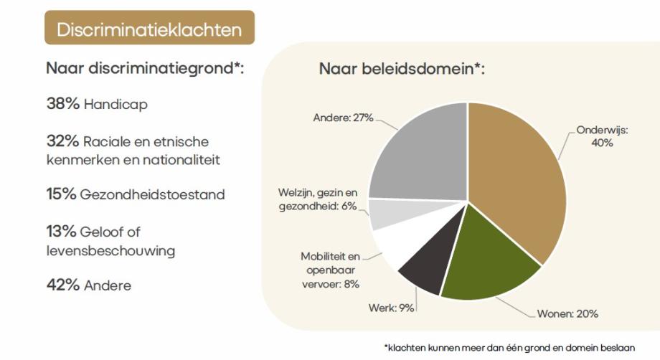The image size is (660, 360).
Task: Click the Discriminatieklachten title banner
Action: pos(149,29)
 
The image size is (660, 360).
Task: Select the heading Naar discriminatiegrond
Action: pos(145,69)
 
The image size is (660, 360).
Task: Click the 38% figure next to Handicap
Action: pos(62,104)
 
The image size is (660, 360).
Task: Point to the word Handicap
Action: pos(115,105)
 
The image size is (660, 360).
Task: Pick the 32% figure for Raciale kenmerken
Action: pos(62,141)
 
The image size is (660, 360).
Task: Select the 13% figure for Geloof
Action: pos(62,231)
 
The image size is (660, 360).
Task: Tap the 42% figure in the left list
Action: pos(62,285)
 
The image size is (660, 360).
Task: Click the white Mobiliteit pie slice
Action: pos(392,246)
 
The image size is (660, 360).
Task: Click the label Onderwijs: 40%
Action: pos(603,137)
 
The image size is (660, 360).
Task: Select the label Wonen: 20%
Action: pos(567,313)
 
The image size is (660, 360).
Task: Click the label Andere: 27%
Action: pos(343,118)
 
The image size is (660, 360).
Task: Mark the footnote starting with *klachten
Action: pos(509,348)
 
